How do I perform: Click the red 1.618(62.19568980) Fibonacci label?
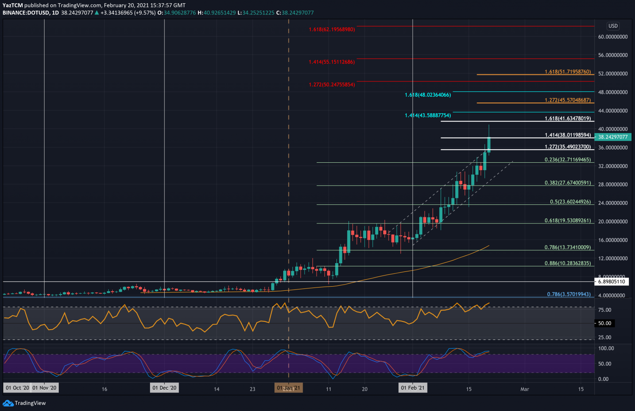point(332,30)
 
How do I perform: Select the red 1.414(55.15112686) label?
point(332,62)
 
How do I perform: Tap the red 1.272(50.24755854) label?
point(332,85)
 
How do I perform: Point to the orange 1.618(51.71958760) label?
point(568,72)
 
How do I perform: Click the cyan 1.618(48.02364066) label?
point(427,95)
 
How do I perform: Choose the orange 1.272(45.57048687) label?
point(568,100)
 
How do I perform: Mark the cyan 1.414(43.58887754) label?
point(427,116)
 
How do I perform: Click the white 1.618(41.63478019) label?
point(568,119)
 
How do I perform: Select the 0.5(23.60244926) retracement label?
point(570,202)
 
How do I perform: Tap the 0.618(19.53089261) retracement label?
point(568,221)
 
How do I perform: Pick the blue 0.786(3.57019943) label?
point(569,295)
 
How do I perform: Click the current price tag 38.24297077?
point(613,137)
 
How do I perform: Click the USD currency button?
point(613,26)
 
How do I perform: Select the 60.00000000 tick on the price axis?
point(613,37)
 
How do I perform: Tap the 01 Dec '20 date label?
point(165,388)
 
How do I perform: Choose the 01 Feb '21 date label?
point(413,388)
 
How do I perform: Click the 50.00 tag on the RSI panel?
point(604,323)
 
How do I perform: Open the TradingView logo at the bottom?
point(24,403)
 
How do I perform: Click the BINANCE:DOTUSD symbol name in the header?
point(26,13)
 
